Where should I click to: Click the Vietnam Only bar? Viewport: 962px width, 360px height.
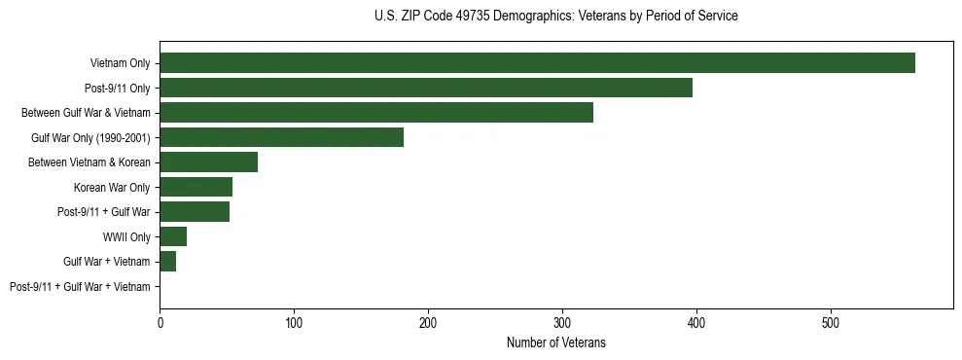pyautogui.click(x=537, y=63)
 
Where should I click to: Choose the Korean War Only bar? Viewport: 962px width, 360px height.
pyautogui.click(x=196, y=187)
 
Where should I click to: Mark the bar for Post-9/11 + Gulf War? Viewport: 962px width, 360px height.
pyautogui.click(x=195, y=212)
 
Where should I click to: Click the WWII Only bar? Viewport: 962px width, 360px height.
pyautogui.click(x=173, y=236)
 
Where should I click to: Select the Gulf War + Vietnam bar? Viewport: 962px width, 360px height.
pyautogui.click(x=167, y=262)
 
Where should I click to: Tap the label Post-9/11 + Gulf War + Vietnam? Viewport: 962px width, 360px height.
pyautogui.click(x=80, y=287)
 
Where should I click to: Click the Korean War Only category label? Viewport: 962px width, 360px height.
pyautogui.click(x=112, y=187)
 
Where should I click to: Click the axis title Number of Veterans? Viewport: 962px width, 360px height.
pyautogui.click(x=555, y=342)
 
